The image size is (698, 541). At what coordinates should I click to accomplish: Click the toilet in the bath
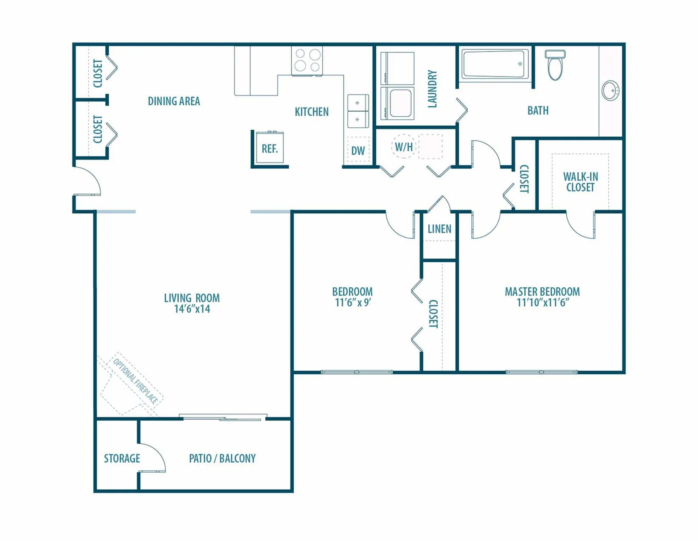click(555, 65)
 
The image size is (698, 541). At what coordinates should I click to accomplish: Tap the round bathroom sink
click(610, 90)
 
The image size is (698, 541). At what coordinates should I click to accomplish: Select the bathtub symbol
click(495, 64)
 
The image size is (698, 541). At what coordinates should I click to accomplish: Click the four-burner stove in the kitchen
click(307, 60)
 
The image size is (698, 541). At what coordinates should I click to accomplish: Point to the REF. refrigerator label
click(270, 149)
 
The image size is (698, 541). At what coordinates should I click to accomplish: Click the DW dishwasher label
click(358, 151)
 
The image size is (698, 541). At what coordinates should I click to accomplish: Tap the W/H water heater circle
click(403, 146)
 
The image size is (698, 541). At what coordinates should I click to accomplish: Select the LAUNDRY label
click(432, 89)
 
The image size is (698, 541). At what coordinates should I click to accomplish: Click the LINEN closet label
click(439, 229)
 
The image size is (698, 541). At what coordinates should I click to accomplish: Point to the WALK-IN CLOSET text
click(580, 182)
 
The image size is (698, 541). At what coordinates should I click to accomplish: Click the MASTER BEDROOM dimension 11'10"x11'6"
click(543, 302)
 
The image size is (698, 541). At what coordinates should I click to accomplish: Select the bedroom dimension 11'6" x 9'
click(353, 302)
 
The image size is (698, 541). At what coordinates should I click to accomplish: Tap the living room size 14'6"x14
click(192, 308)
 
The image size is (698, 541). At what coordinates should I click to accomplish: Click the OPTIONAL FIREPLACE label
click(135, 381)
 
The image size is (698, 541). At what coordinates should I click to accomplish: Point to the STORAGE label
click(122, 458)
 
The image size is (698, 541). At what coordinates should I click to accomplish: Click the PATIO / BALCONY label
click(222, 458)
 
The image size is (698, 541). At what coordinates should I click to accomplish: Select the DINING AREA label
click(174, 101)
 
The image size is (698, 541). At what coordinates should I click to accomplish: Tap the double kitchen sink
click(358, 111)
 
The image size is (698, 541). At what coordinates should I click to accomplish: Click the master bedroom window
click(542, 372)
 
